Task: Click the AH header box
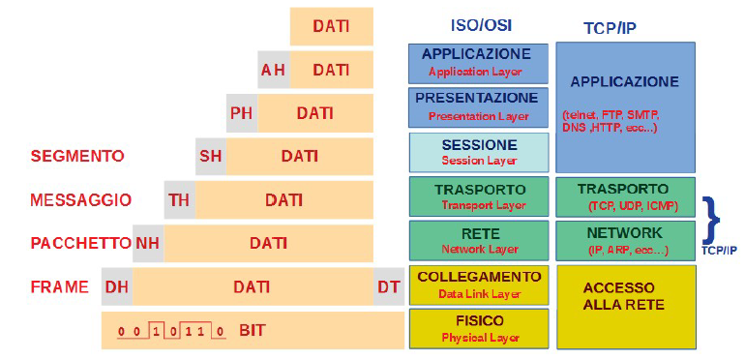[274, 70]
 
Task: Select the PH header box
[242, 112]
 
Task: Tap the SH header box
[211, 155]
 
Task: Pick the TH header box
[179, 199]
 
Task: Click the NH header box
[147, 243]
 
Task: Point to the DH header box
[117, 286]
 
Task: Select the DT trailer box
[389, 286]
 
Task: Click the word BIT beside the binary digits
[253, 330]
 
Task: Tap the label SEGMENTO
[77, 155]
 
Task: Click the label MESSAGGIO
[80, 199]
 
